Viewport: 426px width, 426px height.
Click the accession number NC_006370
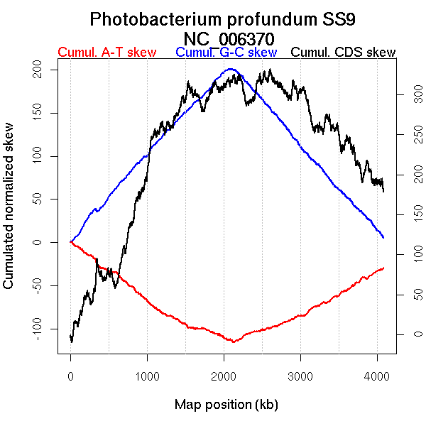point(227,38)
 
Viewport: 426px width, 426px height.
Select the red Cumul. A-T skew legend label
point(106,53)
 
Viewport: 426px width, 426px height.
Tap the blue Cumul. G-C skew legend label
point(226,53)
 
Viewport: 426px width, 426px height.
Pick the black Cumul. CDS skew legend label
point(344,53)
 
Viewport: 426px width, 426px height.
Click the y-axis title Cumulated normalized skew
point(9,214)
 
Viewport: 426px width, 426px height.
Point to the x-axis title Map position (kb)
point(226,405)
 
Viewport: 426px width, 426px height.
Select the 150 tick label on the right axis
point(403,214)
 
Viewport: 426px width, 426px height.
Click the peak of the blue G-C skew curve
point(230,69)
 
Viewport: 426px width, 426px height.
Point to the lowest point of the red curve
point(231,342)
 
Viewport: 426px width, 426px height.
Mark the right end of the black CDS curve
point(383,191)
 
